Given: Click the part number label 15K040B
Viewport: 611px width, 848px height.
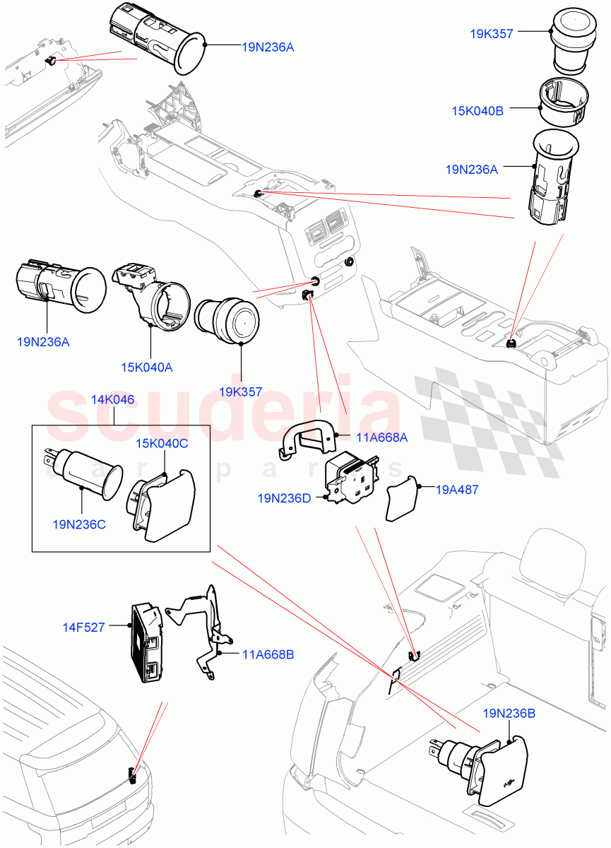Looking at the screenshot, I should click(478, 110).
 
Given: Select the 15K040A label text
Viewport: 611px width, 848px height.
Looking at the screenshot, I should click(146, 368).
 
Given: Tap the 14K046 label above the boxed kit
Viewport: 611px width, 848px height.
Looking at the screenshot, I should click(113, 400).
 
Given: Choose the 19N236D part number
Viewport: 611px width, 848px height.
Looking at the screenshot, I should click(284, 499).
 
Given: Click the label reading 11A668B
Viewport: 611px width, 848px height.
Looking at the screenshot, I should click(268, 654).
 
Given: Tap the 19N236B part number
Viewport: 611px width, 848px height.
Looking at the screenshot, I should click(509, 714).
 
